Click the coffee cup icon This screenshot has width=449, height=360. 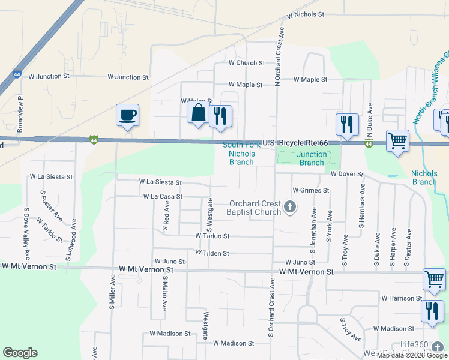[x=127, y=115]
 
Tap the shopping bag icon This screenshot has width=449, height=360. [x=198, y=112]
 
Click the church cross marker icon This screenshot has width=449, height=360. [x=290, y=208]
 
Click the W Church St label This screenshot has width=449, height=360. [x=246, y=63]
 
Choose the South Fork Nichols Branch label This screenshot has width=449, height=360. [x=241, y=154]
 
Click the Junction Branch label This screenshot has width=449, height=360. [x=312, y=158]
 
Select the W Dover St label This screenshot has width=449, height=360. [x=347, y=174]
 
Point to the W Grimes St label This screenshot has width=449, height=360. [x=311, y=190]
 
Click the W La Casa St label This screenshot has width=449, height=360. [x=163, y=196]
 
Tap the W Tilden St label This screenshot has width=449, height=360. [x=212, y=253]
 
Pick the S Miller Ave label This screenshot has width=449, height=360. [x=112, y=292]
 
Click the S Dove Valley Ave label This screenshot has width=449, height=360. [x=26, y=226]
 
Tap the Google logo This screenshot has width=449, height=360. [x=20, y=353]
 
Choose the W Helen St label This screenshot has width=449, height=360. [x=197, y=101]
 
